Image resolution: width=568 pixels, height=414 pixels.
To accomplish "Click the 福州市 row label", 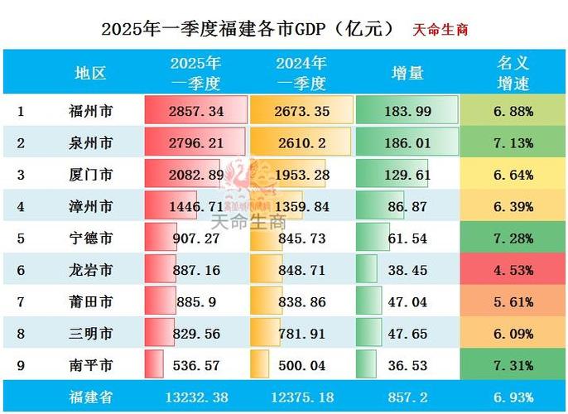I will tap(91, 111).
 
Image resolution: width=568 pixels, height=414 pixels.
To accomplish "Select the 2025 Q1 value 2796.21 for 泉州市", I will tap(195, 143).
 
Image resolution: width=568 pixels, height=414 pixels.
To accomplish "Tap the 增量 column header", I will tap(407, 73).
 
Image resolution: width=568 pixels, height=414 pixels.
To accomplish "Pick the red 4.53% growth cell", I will tap(512, 271).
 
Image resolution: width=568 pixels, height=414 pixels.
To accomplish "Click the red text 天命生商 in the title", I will tap(440, 28).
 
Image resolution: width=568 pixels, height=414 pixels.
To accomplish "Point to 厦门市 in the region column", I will tap(91, 176).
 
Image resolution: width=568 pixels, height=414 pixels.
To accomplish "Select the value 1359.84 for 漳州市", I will tap(301, 207).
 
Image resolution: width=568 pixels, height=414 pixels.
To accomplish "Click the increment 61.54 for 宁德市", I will tap(407, 239).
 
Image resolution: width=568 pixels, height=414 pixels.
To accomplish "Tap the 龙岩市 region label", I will tap(91, 271).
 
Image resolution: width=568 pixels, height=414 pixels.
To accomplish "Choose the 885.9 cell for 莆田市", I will tap(195, 302).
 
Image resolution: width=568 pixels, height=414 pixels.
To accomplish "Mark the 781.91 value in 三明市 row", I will tap(301, 334).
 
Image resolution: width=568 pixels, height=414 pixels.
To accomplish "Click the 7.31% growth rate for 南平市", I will tap(512, 365).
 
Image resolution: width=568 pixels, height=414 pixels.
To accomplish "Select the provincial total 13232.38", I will tap(195, 397).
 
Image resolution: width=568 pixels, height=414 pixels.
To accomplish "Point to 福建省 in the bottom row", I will tap(91, 397).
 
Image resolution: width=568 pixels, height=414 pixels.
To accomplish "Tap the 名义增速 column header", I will tap(512, 73).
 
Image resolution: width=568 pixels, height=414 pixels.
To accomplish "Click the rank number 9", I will tap(21, 365).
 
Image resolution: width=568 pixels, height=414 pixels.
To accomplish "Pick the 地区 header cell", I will tap(91, 73).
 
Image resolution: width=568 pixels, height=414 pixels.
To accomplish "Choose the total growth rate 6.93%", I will tap(512, 397).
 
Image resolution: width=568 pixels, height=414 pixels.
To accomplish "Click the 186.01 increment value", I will tap(407, 143).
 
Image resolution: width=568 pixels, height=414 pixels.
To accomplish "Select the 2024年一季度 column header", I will tap(301, 73).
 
